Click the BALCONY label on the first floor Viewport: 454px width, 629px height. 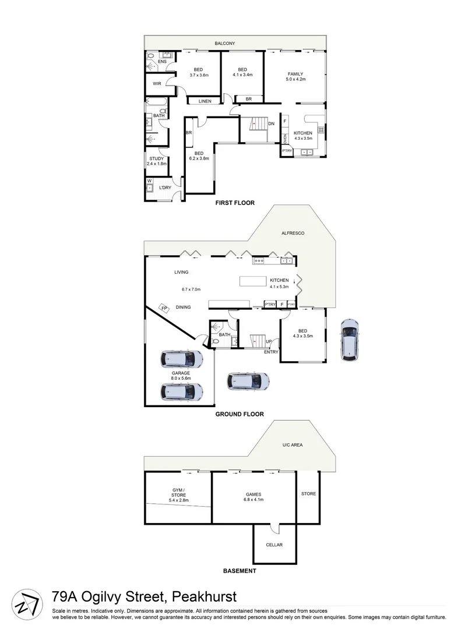[224, 44]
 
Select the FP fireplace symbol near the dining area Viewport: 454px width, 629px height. [164, 308]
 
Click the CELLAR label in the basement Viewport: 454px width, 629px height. [274, 545]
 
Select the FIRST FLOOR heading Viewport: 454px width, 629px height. [235, 203]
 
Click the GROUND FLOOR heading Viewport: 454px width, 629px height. [240, 415]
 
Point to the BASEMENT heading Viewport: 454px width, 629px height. [240, 571]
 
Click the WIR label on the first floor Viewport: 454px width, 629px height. [157, 84]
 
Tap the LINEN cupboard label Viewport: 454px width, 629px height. [205, 101]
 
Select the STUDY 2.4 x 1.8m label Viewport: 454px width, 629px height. [156, 161]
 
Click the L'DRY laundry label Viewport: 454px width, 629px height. [165, 188]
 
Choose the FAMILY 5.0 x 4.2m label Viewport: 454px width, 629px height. [295, 76]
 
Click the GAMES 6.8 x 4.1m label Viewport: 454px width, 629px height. [254, 497]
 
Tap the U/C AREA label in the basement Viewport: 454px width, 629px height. [293, 445]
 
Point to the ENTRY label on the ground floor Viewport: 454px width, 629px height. [271, 352]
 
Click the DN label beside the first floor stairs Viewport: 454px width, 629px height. [271, 123]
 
